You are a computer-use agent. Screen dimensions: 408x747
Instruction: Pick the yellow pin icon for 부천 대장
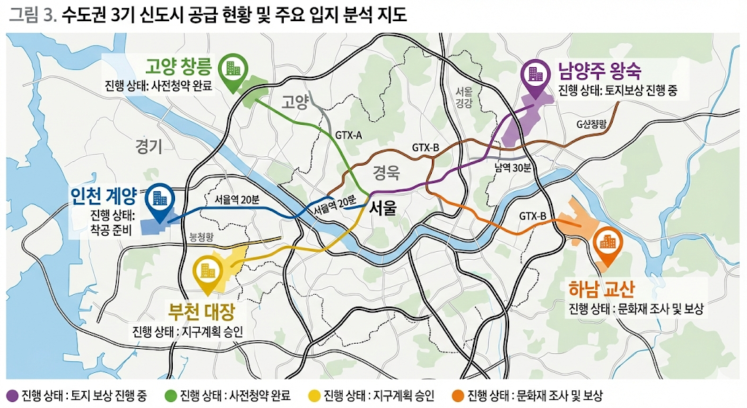tap(207, 270)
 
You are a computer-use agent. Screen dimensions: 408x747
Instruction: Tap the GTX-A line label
tap(349, 135)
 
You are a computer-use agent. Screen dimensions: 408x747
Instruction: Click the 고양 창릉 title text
tap(179, 68)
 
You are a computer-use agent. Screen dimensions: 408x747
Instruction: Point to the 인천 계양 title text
tap(103, 196)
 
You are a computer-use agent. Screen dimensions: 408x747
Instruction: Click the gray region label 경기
tap(149, 147)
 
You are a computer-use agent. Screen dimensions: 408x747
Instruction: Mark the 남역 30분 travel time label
tap(509, 166)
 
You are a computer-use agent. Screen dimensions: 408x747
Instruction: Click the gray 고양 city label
tap(295, 101)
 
